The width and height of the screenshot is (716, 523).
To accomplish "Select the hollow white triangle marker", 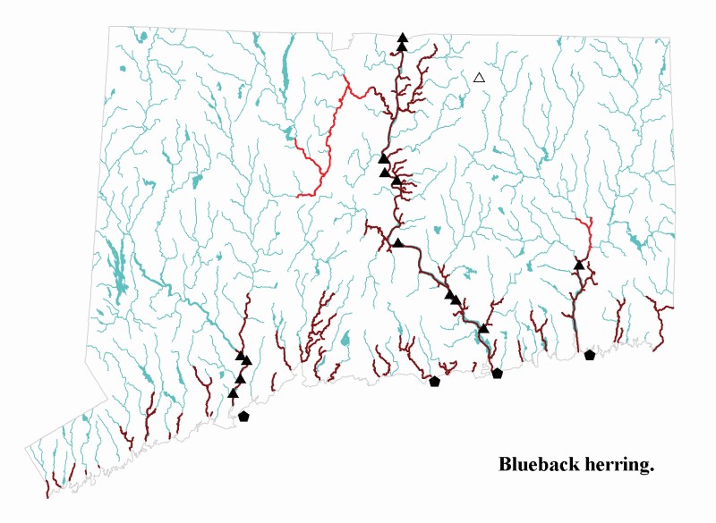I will coord(479,78).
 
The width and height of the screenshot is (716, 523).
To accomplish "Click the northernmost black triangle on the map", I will coord(403,38).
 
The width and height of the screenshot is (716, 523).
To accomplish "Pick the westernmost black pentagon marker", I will coord(243,416).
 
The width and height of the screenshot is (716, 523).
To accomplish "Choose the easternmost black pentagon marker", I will coord(589,355).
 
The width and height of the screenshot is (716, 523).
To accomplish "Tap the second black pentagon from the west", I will coord(435,382).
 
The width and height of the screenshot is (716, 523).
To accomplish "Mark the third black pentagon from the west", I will coord(498,374).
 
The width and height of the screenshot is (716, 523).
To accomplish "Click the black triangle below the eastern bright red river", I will coord(579,265).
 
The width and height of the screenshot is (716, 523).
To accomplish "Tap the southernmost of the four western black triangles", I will coord(234,392).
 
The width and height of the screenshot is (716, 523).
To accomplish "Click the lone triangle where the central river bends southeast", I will coord(398,242).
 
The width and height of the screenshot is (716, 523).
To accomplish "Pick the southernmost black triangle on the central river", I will coord(483,329).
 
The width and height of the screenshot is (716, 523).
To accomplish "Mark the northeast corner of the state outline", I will coord(669,38).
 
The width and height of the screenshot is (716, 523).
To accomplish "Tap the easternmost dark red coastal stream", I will coord(661,326).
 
